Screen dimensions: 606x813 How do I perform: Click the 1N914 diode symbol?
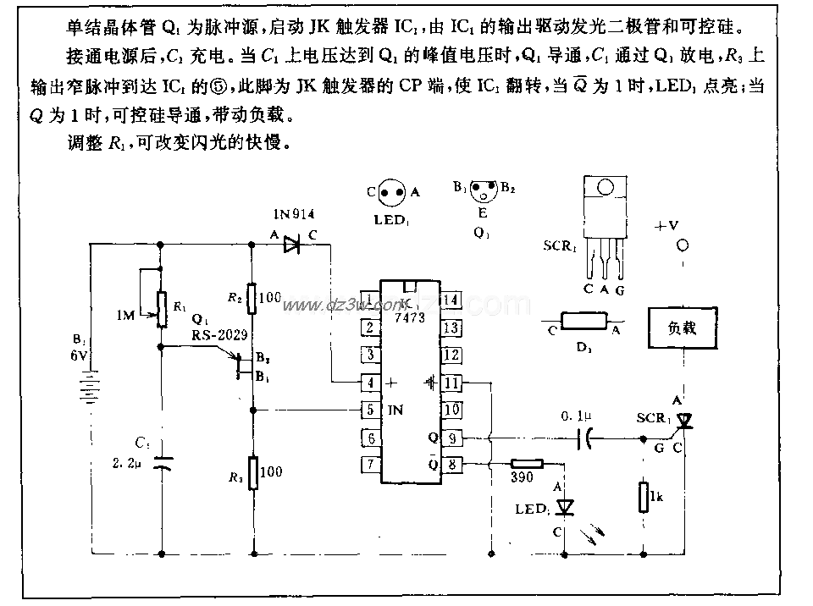click(x=292, y=245)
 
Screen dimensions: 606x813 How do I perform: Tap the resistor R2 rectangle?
click(x=252, y=298)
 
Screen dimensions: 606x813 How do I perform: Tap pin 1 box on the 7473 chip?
click(x=368, y=300)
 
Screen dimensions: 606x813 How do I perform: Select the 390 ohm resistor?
click(x=527, y=464)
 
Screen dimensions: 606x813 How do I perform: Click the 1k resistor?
click(x=643, y=496)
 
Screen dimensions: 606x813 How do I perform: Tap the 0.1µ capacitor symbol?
click(x=583, y=438)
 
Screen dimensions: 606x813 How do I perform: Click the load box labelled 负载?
click(x=683, y=328)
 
